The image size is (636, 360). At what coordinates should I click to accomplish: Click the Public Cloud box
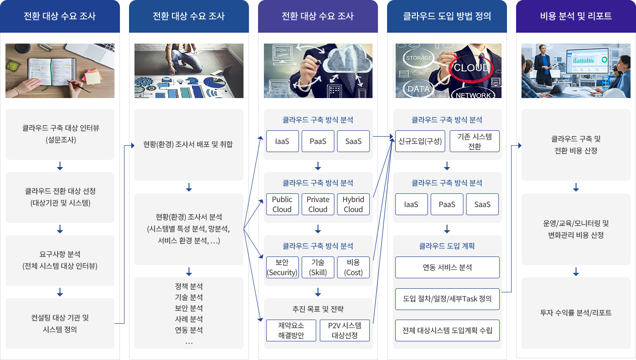(282, 204)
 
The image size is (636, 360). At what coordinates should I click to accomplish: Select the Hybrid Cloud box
(353, 204)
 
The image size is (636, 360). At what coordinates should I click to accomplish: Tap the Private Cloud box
(318, 204)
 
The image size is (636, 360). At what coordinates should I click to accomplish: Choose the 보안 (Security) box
(282, 267)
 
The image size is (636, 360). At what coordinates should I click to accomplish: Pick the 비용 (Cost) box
(353, 267)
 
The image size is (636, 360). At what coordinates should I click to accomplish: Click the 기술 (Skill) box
(318, 267)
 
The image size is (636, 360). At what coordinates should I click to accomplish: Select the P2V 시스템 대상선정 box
(345, 330)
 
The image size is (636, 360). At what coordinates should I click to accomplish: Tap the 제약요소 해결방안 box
(291, 330)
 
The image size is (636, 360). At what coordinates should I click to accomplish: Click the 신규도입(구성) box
(420, 141)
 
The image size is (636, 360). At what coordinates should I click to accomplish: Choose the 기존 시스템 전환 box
(474, 141)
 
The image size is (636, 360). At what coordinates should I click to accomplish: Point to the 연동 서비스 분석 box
(447, 267)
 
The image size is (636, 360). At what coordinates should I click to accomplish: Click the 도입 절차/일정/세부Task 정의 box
(447, 299)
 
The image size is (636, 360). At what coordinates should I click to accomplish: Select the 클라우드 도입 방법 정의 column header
(447, 16)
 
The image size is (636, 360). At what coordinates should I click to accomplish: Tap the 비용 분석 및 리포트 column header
(576, 16)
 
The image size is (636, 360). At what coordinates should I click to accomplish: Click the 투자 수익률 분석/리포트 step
(576, 313)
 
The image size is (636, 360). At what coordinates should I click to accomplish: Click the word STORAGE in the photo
(419, 58)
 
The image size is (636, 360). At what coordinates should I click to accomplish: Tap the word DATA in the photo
(418, 89)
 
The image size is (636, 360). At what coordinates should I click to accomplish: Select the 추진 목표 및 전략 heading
(318, 309)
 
